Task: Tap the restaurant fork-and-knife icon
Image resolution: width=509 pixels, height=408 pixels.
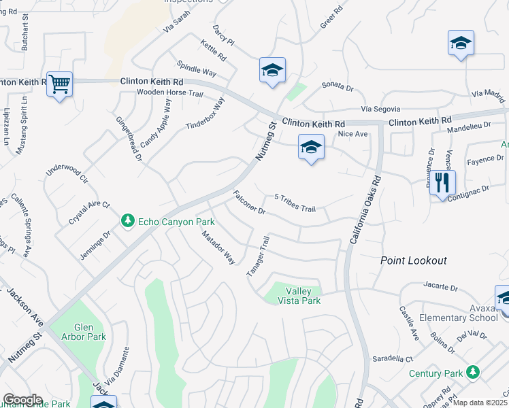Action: pos(442,182)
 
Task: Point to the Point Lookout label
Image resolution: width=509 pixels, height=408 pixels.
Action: pos(413,260)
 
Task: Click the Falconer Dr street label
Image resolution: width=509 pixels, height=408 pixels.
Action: pos(248,202)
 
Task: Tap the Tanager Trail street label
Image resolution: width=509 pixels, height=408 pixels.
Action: pos(259,256)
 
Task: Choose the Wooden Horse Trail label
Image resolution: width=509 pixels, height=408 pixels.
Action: pos(170,92)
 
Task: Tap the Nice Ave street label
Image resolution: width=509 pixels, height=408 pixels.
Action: pos(352,134)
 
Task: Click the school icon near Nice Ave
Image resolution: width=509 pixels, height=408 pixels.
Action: pos(310,147)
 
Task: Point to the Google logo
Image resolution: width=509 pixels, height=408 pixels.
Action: pos(22,400)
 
